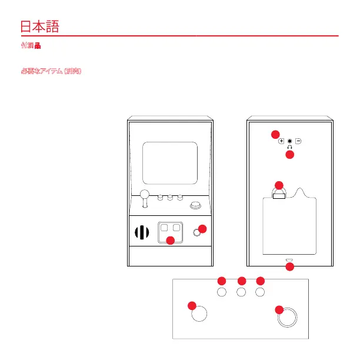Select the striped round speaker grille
pyautogui.click(x=141, y=232)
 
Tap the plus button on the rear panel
pyautogui.click(x=281, y=141)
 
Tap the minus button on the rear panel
pyautogui.click(x=298, y=141)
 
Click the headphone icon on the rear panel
pyautogui.click(x=289, y=148)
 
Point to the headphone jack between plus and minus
pyautogui.click(x=289, y=141)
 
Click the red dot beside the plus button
pyautogui.click(x=274, y=135)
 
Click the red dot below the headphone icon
pyautogui.click(x=289, y=155)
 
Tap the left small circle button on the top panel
pyautogui.click(x=222, y=291)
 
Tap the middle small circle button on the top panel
pyautogui.click(x=241, y=291)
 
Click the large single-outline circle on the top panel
pyautogui.click(x=200, y=314)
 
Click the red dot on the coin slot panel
pyautogui.click(x=170, y=240)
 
